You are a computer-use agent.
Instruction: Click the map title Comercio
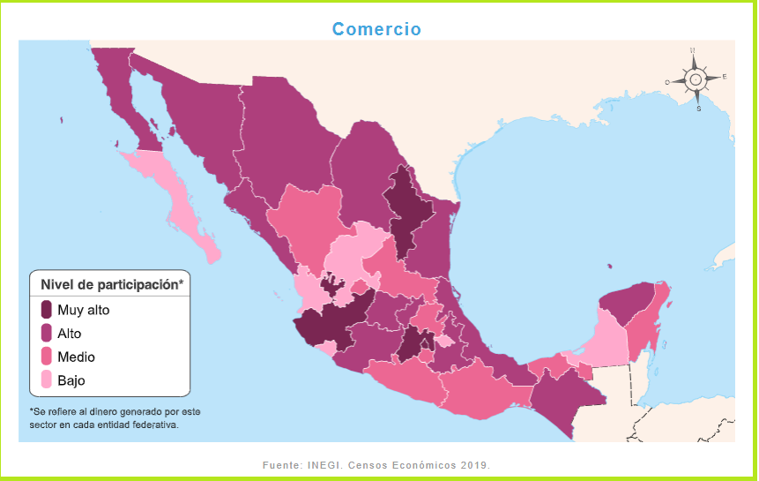click(x=376, y=29)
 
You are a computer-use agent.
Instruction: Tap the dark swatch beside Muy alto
click(x=47, y=310)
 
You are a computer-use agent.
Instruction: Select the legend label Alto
click(x=70, y=334)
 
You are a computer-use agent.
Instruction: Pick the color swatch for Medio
click(x=47, y=357)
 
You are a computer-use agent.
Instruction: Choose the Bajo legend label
click(x=71, y=381)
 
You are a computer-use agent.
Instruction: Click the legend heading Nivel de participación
click(x=110, y=285)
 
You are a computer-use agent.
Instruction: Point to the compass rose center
click(x=695, y=79)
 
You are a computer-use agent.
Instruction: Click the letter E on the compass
click(x=724, y=77)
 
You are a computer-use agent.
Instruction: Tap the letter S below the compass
click(x=698, y=110)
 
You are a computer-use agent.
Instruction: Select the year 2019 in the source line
click(x=474, y=464)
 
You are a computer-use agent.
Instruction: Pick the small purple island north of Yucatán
click(x=608, y=266)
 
